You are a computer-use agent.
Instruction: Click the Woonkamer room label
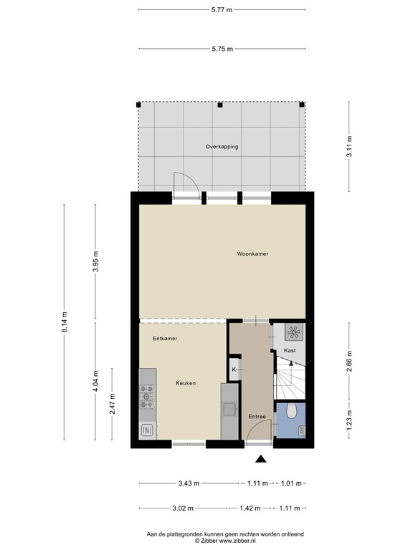252,254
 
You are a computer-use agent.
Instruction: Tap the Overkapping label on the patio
222,147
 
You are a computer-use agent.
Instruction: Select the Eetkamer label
165,338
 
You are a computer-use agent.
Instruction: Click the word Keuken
186,383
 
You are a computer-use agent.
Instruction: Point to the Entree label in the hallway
257,416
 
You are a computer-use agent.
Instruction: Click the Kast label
290,350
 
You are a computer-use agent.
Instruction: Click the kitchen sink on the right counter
230,410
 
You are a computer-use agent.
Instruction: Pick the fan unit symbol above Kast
293,332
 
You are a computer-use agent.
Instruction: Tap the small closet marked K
234,369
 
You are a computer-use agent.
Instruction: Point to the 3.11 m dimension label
349,146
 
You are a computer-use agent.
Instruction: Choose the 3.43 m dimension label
189,483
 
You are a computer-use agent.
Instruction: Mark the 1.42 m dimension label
256,508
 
